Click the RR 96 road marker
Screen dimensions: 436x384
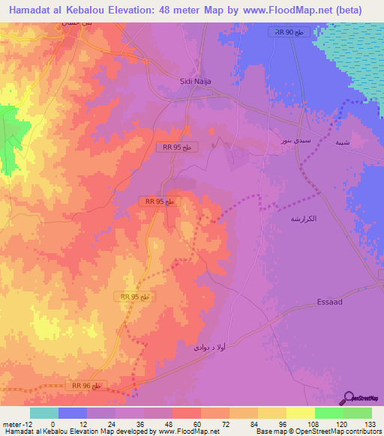tap(88, 385)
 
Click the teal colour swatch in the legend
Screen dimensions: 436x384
tap(43, 413)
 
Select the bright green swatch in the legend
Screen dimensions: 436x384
tap(329, 413)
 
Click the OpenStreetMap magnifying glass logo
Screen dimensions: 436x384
tap(348, 397)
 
